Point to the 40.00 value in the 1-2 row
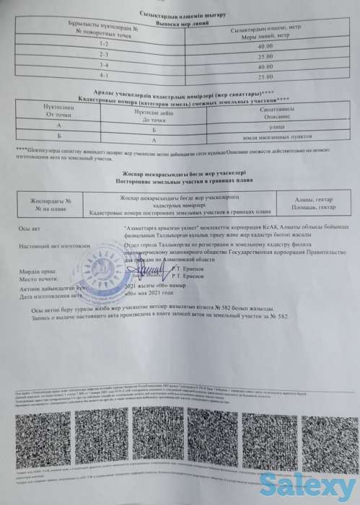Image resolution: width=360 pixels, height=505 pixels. (x=264, y=46)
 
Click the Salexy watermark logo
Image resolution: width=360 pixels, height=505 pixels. (x=330, y=489)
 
